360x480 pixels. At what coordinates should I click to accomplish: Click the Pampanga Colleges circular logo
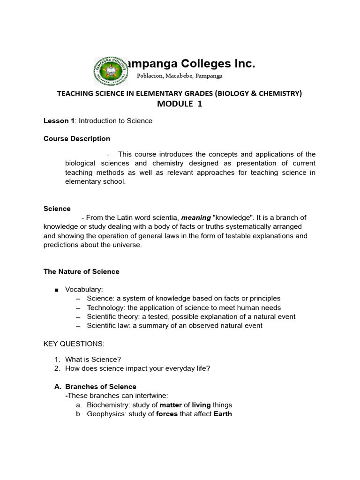click(x=111, y=72)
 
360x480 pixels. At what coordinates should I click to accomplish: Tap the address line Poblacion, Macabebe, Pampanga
click(x=180, y=76)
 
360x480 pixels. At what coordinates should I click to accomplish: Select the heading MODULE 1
click(x=180, y=104)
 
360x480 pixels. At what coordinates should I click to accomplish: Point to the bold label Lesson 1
click(x=59, y=121)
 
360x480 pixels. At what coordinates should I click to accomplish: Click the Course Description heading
click(x=77, y=139)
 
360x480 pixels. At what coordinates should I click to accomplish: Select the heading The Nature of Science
click(x=82, y=271)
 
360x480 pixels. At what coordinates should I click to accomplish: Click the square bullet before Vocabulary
click(x=57, y=290)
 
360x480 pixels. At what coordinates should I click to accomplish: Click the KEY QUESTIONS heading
click(x=74, y=344)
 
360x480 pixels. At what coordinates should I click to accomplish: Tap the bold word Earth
click(x=222, y=414)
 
